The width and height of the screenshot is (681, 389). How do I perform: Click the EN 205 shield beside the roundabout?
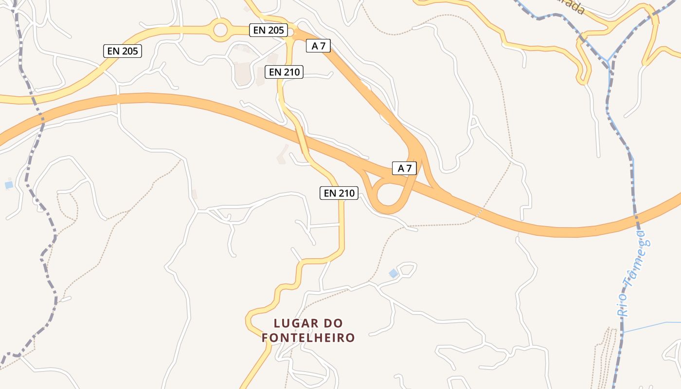pyautogui.click(x=269, y=30)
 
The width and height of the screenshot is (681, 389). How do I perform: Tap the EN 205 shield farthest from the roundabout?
pyautogui.click(x=122, y=51)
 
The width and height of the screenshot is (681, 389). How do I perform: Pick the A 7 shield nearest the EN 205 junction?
pyautogui.click(x=319, y=46)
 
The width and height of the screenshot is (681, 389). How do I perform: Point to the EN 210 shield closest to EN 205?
pyautogui.click(x=284, y=72)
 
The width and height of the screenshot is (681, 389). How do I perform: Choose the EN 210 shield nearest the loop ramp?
pyautogui.click(x=340, y=193)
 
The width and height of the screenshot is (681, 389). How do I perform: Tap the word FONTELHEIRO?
pyautogui.click(x=308, y=337)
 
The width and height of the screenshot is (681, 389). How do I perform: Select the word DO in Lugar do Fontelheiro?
pyautogui.click(x=334, y=323)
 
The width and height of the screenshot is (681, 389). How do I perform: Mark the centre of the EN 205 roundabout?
pyautogui.click(x=220, y=30)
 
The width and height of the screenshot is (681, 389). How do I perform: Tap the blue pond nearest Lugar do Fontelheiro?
pyautogui.click(x=394, y=274)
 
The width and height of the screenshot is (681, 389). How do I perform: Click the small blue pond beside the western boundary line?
pyautogui.click(x=9, y=185)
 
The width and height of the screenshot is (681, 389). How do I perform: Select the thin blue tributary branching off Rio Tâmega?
pyautogui.click(x=652, y=326)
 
